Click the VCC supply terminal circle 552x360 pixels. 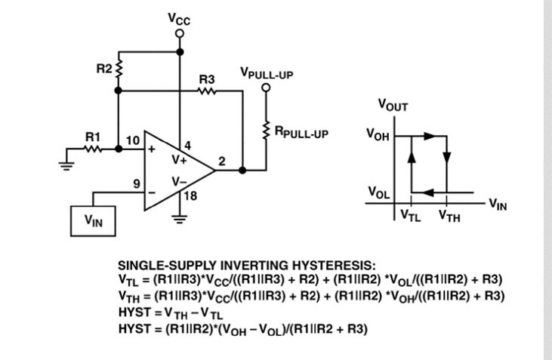click(180, 34)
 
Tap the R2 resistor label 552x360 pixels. click(103, 69)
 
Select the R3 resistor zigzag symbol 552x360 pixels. click(208, 91)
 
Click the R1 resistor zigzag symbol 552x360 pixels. click(93, 149)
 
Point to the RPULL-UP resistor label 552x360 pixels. click(301, 134)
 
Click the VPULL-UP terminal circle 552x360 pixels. click(266, 87)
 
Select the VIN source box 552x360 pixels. click(93, 220)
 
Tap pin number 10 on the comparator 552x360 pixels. click(132, 140)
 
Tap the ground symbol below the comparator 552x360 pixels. click(179, 220)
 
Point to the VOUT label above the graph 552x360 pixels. click(393, 106)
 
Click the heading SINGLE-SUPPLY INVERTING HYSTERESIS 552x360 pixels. click(245, 266)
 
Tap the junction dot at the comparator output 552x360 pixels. click(242, 170)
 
